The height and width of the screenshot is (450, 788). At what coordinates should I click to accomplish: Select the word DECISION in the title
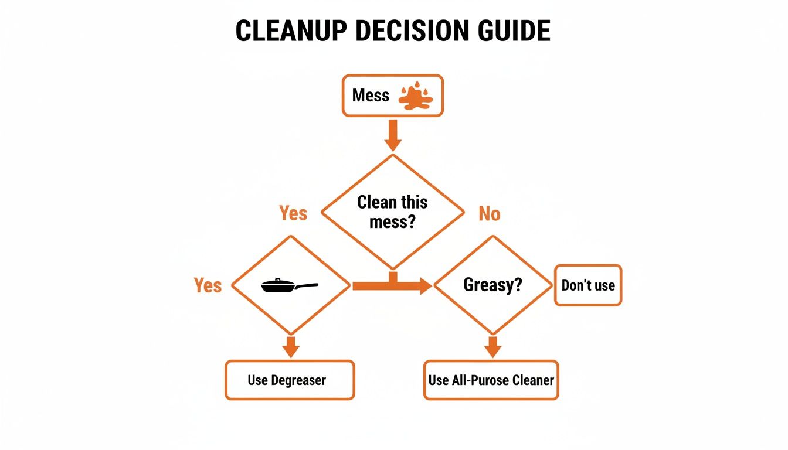tap(410, 30)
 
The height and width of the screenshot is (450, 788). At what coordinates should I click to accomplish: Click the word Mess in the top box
tap(371, 96)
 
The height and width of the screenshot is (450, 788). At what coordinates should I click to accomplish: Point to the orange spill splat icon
tap(415, 97)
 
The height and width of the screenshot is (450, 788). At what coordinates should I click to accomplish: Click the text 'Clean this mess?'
tap(392, 212)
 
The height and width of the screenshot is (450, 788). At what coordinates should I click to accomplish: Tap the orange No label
tap(489, 214)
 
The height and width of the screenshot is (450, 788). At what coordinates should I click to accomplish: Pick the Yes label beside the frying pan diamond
tap(208, 286)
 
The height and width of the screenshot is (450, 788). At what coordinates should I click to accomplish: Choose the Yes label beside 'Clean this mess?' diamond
tap(293, 213)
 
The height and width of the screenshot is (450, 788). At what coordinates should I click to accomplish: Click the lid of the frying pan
tap(278, 283)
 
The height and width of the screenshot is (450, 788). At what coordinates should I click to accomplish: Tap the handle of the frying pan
tap(307, 286)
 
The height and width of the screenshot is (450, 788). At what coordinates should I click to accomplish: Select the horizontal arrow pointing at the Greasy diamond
tap(392, 286)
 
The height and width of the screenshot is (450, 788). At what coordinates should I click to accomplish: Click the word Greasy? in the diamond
tap(492, 285)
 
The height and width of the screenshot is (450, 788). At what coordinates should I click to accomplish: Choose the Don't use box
tap(587, 285)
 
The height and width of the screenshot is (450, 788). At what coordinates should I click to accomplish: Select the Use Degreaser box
tap(290, 380)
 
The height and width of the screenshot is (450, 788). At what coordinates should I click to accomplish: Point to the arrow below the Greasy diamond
tap(492, 347)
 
